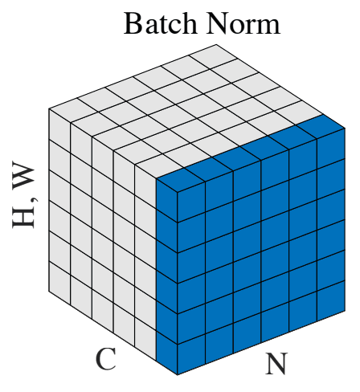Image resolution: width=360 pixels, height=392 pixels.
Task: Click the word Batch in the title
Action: coord(160,23)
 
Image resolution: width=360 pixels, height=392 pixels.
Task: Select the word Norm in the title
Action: coord(243,23)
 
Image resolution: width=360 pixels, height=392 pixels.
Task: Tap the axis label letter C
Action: coord(106,359)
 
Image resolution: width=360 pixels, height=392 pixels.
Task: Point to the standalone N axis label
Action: coord(276,364)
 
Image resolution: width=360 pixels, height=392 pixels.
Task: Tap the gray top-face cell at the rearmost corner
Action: coord(216,55)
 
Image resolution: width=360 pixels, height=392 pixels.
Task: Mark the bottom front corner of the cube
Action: coord(177,374)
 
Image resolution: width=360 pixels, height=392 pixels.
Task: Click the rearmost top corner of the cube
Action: coord(216,44)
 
